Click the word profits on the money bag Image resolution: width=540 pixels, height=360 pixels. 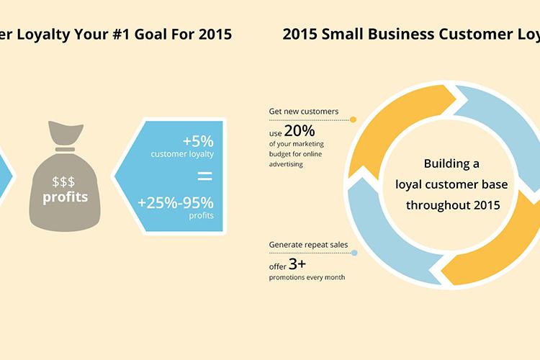[x=65, y=197]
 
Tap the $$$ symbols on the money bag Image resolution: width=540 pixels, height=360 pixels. [x=63, y=181]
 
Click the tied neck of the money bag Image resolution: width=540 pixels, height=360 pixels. [x=65, y=149]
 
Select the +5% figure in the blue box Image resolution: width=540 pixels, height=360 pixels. [x=198, y=141]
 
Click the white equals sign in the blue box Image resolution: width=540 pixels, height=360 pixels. [x=205, y=176]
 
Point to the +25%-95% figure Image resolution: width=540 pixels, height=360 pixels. [x=176, y=203]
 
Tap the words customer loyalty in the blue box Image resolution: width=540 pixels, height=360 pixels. [x=182, y=154]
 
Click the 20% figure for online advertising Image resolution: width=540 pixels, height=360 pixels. [x=300, y=131]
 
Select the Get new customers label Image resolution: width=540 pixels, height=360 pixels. [x=303, y=112]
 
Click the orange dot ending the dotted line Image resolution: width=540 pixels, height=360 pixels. [x=353, y=120]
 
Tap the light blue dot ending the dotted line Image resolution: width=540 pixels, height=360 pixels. [x=354, y=253]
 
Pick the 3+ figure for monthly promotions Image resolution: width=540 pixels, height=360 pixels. [x=297, y=264]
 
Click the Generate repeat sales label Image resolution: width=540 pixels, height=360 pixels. [x=308, y=245]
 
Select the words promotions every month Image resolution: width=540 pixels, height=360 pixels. [x=307, y=277]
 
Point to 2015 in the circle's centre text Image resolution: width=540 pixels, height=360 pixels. [x=487, y=205]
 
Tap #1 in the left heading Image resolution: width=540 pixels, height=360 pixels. [x=121, y=34]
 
